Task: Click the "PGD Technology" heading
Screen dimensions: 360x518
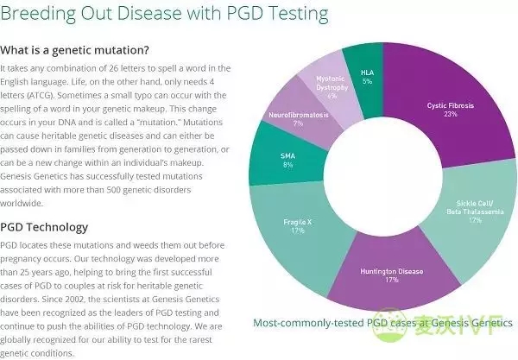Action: (x=45, y=227)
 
